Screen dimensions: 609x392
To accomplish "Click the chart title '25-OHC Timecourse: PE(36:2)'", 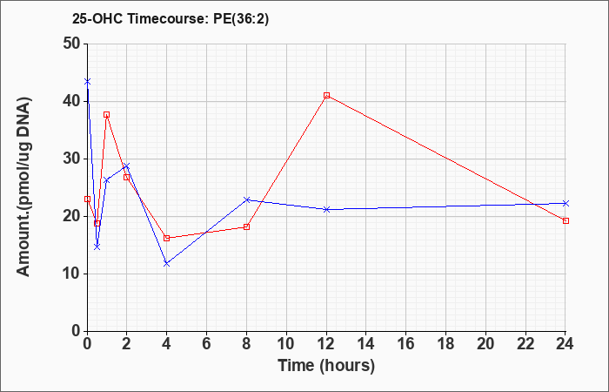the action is [x=171, y=19].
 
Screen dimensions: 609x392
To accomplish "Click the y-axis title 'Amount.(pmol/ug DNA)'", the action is [x=23, y=187].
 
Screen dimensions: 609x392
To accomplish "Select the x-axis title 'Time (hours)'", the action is [x=326, y=366].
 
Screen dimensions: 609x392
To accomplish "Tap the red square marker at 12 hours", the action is [x=326, y=95].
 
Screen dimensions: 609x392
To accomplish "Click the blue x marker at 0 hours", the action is [x=87, y=82].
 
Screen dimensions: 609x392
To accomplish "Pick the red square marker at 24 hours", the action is [x=565, y=221].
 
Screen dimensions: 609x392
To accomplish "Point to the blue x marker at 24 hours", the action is [x=565, y=203].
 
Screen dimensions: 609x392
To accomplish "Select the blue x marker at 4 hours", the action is [x=167, y=264].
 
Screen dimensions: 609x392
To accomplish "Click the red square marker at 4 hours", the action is [x=167, y=238].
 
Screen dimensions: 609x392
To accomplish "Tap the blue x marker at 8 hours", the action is [x=246, y=199].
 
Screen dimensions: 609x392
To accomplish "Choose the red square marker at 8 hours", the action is [x=246, y=226].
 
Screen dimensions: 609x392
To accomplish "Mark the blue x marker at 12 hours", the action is [x=326, y=210].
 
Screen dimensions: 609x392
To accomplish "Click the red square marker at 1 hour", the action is [x=106, y=115].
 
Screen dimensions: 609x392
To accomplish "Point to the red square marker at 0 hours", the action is [x=87, y=199].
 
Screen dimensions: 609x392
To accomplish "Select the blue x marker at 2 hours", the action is [x=127, y=166].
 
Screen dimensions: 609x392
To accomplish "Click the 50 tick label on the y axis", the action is [x=71, y=44].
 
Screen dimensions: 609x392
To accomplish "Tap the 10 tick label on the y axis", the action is [x=71, y=274].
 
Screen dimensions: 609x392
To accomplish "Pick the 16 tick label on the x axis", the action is [x=406, y=344].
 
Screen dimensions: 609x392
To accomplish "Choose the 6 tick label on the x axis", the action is [x=206, y=344].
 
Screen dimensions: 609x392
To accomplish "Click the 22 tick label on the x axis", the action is [x=525, y=344].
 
